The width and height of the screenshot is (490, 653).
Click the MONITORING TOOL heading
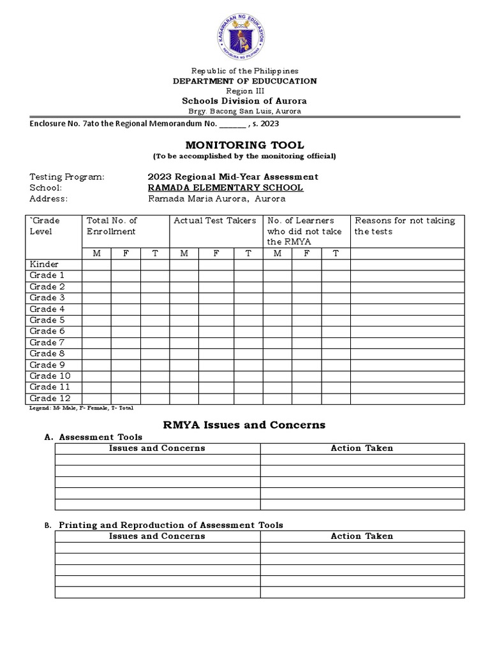coord(244,145)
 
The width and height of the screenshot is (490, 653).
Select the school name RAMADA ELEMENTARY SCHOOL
coord(225,188)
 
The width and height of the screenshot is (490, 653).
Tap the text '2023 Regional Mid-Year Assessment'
coord(233,177)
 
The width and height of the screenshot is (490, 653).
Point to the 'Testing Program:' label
coord(67,177)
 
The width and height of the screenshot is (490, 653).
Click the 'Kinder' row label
coord(44,265)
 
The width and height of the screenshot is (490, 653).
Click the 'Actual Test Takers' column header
coord(215,221)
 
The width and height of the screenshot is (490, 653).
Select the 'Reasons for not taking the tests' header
coord(405,226)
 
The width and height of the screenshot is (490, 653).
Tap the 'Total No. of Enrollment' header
coord(112,226)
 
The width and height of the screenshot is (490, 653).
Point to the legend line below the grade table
coord(82,407)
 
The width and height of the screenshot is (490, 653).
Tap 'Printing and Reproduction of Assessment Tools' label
coord(171,525)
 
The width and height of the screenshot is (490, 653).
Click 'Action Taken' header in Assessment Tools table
coord(362,448)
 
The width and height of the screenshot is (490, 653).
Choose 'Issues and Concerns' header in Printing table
coord(157,536)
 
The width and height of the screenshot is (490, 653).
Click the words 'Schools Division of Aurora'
coord(244,101)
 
